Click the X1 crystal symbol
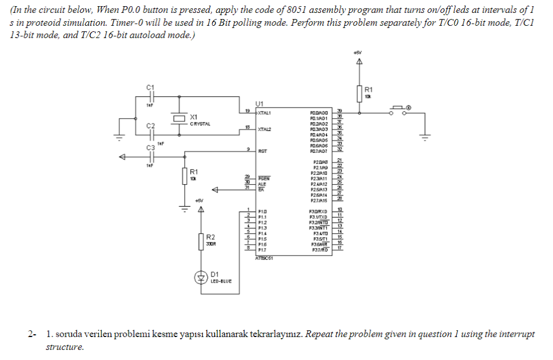[x=179, y=118]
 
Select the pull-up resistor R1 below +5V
[x=359, y=93]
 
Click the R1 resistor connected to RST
[x=185, y=176]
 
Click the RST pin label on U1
[x=262, y=151]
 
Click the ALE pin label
[x=261, y=183]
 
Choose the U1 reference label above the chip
[x=259, y=104]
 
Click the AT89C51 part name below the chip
[x=264, y=258]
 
